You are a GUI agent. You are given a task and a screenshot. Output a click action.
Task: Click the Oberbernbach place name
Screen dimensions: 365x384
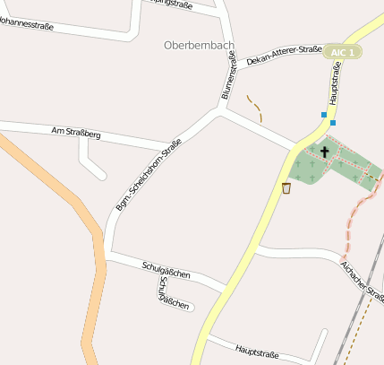click(200, 44)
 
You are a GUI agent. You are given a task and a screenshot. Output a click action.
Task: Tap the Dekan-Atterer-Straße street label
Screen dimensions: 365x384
click(284, 56)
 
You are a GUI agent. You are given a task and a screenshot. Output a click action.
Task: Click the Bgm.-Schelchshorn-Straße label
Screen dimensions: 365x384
click(148, 175)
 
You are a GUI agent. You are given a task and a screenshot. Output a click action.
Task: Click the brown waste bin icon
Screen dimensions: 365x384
click(286, 187)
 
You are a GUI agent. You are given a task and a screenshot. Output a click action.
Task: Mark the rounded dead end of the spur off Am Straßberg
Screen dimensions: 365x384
click(101, 174)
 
